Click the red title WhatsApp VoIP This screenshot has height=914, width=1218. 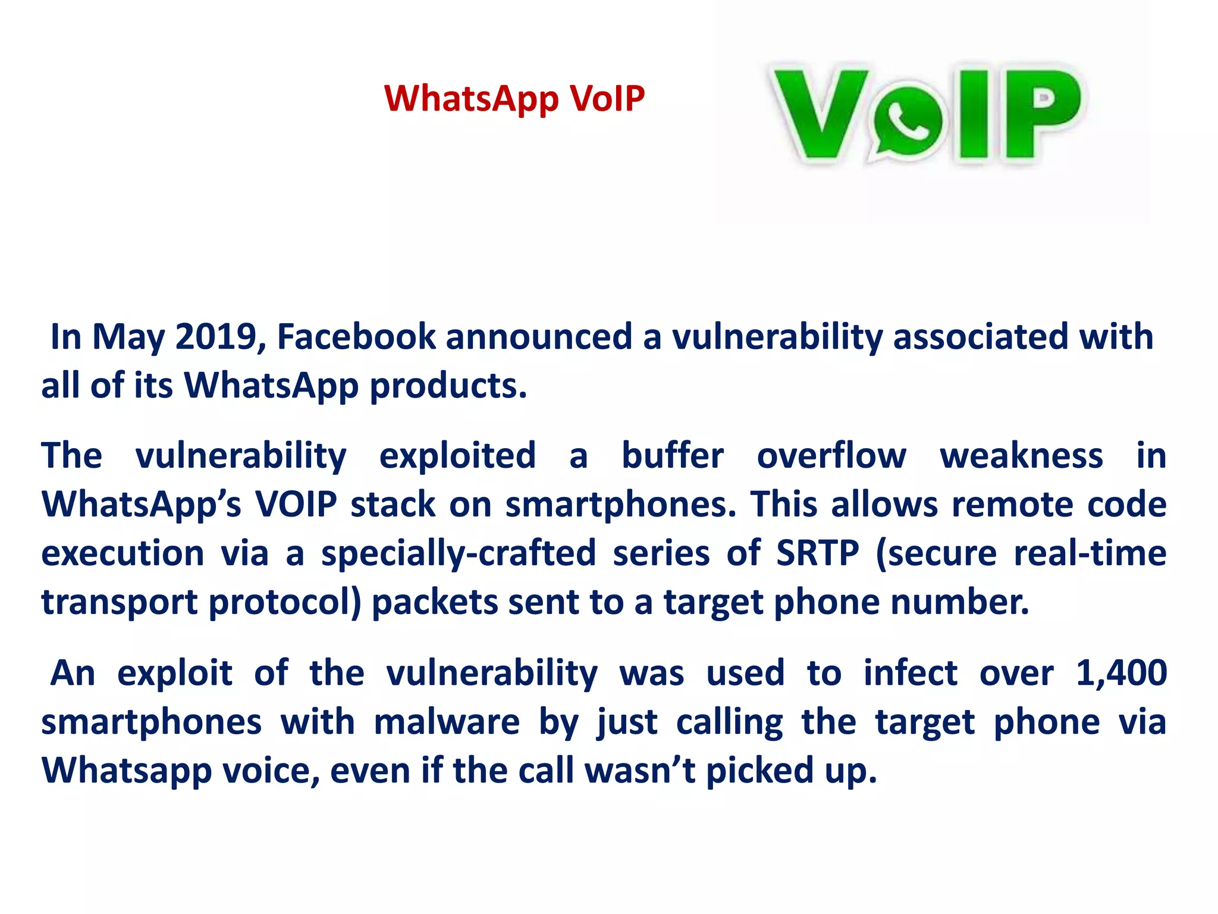click(x=514, y=98)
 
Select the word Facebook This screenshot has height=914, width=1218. click(x=356, y=337)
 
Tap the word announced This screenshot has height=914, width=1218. click(x=538, y=337)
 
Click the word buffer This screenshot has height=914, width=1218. click(x=672, y=456)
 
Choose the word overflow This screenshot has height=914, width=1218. click(x=831, y=456)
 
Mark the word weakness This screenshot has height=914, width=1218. click(x=1021, y=456)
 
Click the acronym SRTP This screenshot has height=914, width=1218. click(x=818, y=553)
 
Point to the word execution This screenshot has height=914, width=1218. click(x=123, y=553)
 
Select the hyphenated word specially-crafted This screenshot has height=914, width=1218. click(x=458, y=553)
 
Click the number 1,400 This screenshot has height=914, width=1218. click(x=1121, y=674)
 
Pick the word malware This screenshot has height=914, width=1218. click(x=447, y=722)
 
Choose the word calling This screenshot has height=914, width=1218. click(x=730, y=722)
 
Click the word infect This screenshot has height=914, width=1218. click(x=910, y=674)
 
